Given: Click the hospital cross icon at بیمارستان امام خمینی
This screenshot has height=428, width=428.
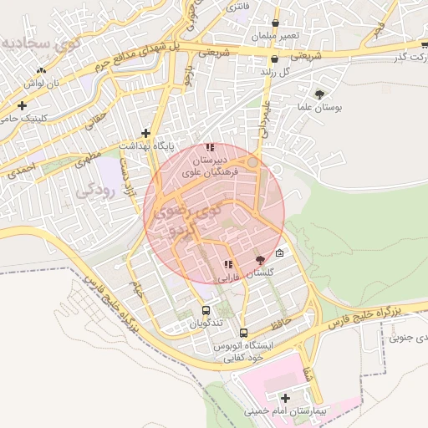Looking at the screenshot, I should point(286,398).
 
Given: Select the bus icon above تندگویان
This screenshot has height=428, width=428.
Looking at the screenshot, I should point(206,311).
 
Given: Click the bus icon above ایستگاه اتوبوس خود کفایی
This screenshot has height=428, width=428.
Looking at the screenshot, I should point(243,332).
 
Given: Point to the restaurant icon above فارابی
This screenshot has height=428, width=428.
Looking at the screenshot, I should point(228,264).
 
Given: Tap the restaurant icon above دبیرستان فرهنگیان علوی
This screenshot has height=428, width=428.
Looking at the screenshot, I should point(210,147).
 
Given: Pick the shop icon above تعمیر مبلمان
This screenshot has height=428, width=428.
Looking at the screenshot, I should point(275,23).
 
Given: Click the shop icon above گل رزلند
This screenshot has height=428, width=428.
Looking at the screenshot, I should point(275,59).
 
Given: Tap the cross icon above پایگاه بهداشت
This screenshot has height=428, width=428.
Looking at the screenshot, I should point(146,133).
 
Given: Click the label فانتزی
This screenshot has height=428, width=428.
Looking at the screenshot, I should point(237,7).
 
